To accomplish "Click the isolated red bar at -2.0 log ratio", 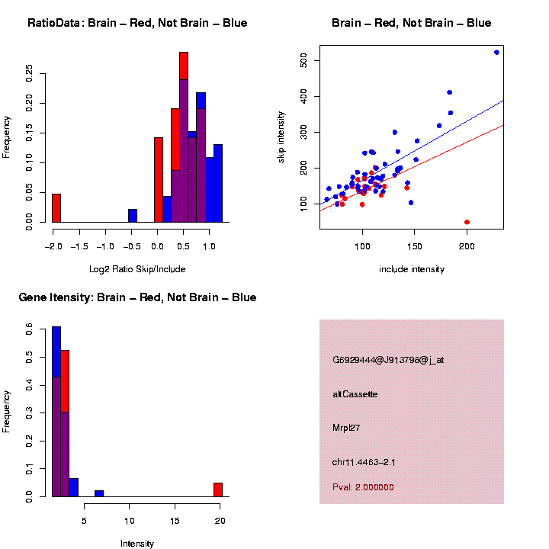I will click(56, 208).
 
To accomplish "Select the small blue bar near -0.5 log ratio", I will click(133, 216).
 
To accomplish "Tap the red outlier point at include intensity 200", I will click(467, 222).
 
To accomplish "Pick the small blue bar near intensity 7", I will click(99, 493).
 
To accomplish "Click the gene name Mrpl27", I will click(346, 429).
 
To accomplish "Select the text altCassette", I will click(355, 394).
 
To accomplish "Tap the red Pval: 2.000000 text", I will click(363, 487).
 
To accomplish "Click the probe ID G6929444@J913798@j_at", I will click(387, 360).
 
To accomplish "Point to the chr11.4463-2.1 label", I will click(364, 462).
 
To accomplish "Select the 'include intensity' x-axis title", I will click(412, 269).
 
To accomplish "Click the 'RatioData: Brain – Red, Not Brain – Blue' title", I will click(137, 23).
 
